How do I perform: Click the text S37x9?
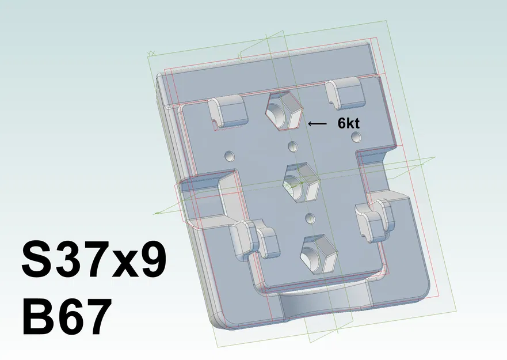94,260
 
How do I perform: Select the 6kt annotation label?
349,123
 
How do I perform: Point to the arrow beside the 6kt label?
317,123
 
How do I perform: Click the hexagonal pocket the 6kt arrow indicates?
283,109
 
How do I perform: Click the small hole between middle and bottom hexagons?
311,218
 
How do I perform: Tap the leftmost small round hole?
230,156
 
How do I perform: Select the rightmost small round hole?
356,136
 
